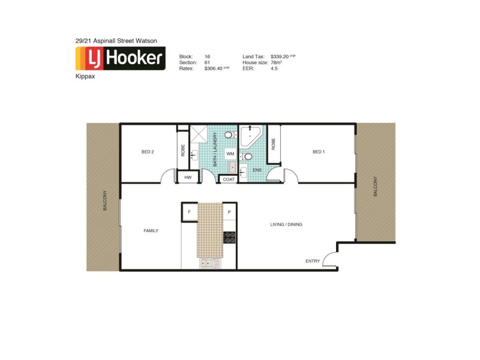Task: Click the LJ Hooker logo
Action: (120, 58)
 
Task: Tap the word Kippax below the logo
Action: (86, 77)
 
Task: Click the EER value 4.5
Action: (274, 68)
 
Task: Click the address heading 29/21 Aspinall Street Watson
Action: (116, 40)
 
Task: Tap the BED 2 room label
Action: (148, 152)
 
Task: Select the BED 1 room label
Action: (319, 152)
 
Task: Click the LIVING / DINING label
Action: (284, 224)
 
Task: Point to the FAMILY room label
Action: (151, 230)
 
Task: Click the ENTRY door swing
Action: (329, 259)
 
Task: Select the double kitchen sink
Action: (210, 263)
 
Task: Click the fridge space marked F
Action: (190, 212)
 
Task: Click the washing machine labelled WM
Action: (230, 154)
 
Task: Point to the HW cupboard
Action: (188, 178)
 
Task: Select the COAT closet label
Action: (229, 179)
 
